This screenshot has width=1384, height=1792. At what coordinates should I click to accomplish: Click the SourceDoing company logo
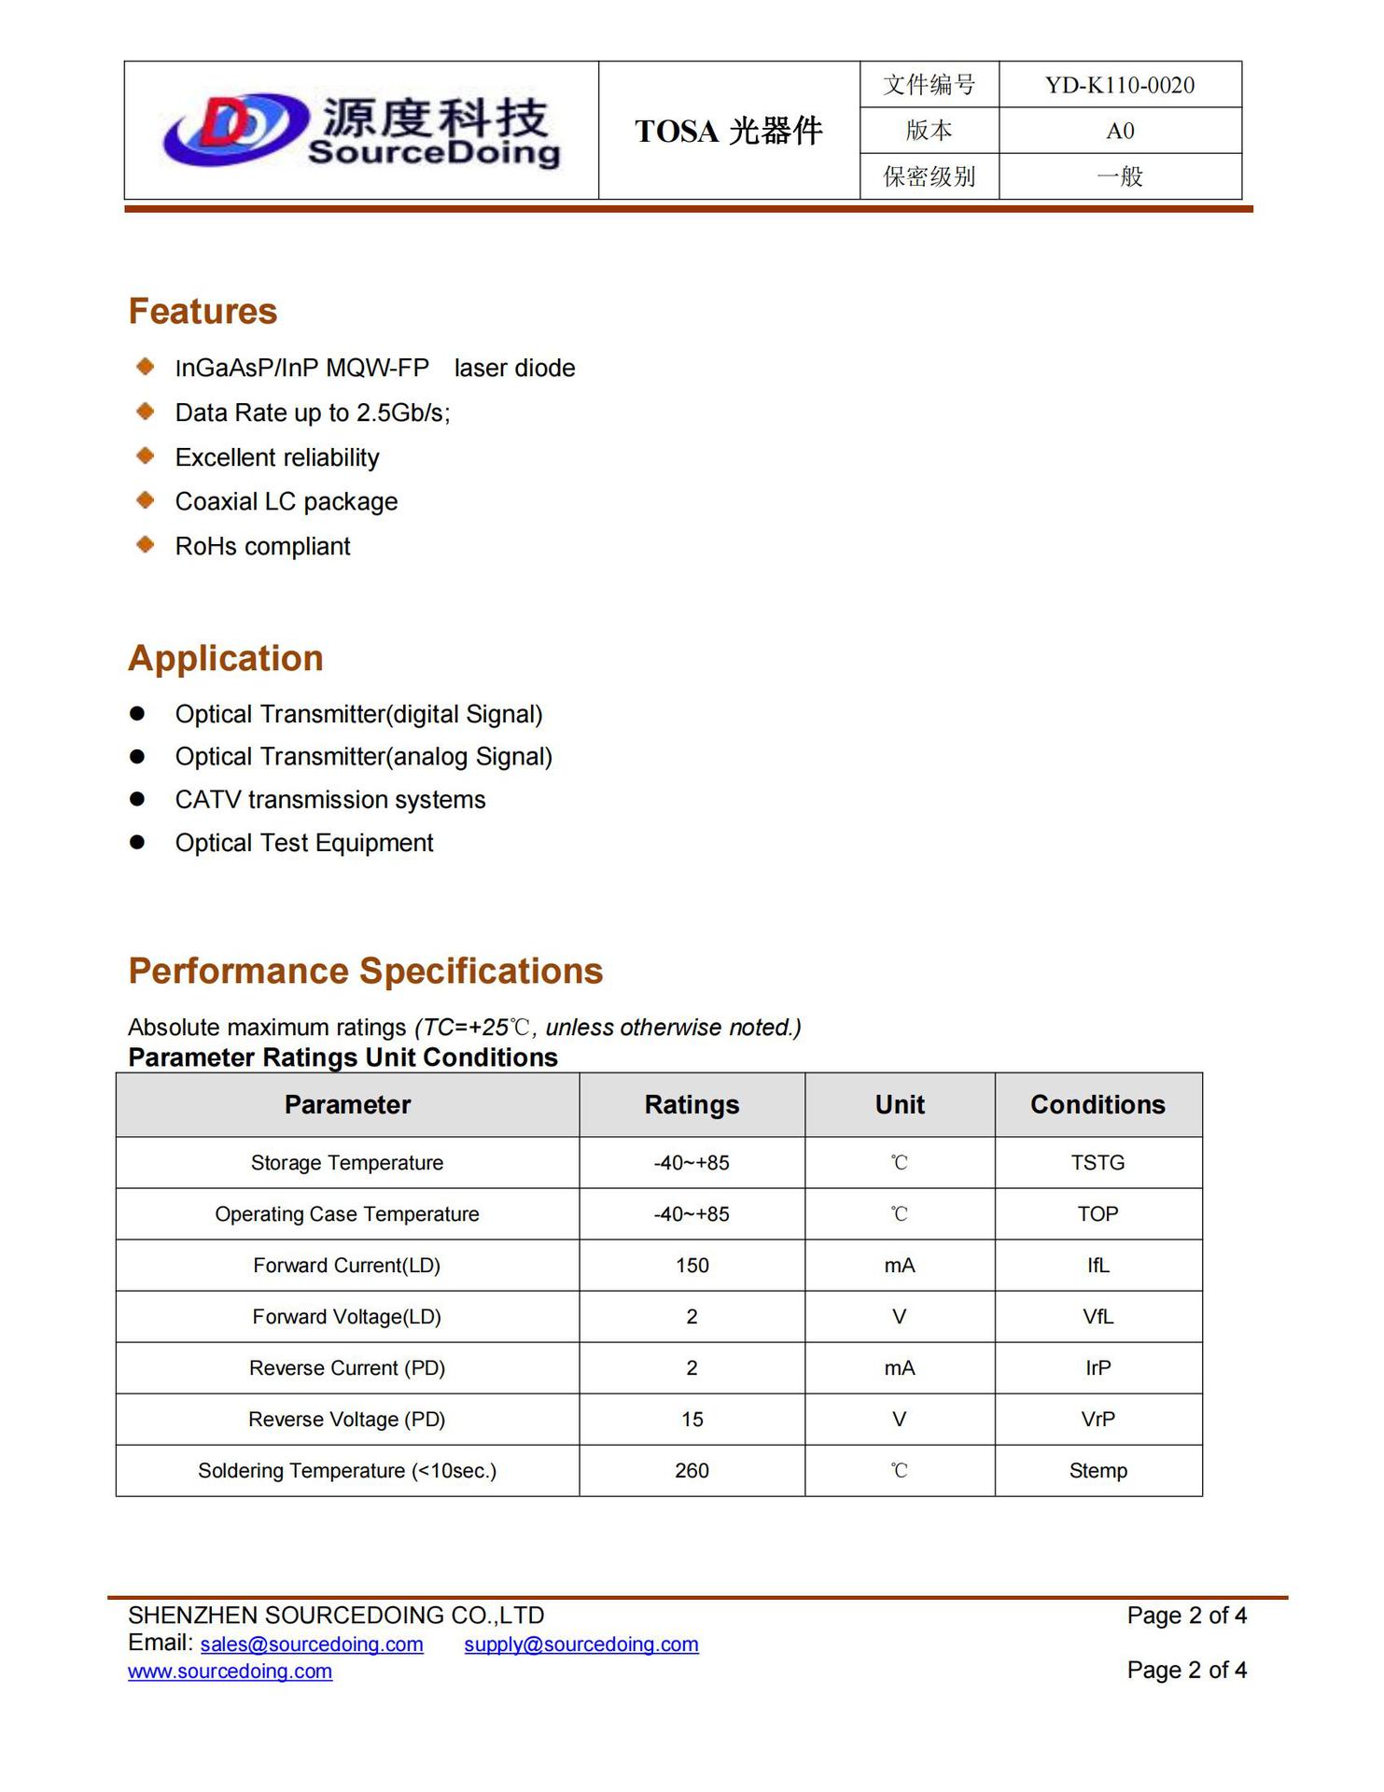[x=361, y=132]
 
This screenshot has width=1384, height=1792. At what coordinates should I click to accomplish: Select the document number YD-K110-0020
[x=1119, y=85]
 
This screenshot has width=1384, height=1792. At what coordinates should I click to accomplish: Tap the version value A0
[x=1119, y=131]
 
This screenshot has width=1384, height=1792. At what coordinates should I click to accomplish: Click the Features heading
[x=203, y=311]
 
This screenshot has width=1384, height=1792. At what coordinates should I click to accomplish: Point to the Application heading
[x=226, y=658]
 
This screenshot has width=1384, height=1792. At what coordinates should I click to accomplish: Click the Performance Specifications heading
[x=365, y=971]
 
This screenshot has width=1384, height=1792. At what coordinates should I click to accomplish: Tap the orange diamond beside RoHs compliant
[x=146, y=544]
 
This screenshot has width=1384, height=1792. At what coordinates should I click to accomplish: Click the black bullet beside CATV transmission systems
[x=138, y=799]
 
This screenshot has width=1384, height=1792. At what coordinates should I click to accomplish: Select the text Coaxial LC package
[x=286, y=502]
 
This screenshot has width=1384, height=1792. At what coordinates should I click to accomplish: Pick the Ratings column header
[x=692, y=1105]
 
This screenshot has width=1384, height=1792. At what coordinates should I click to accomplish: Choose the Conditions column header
[x=1097, y=1105]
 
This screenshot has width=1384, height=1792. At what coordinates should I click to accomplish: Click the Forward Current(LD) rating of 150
[x=692, y=1266]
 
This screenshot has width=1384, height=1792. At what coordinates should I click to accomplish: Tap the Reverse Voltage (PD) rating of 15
[x=692, y=1420]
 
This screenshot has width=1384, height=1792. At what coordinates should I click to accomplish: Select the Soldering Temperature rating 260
[x=692, y=1471]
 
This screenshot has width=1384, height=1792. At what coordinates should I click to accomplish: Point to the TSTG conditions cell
[x=1097, y=1163]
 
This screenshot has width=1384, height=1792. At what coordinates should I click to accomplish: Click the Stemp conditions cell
[x=1097, y=1471]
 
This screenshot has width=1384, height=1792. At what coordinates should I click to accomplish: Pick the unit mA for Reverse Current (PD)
[x=900, y=1368]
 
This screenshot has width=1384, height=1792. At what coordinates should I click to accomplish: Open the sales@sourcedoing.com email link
[x=312, y=1645]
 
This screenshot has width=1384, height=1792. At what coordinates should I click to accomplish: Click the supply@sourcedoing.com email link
[x=580, y=1645]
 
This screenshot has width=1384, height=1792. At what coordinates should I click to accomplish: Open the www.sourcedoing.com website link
[x=230, y=1672]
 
